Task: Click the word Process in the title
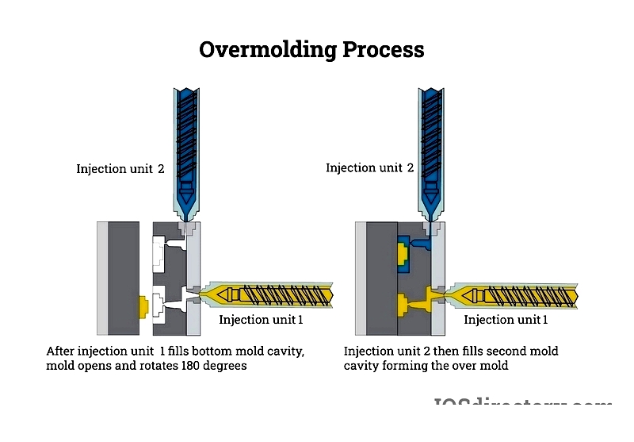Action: coord(384,49)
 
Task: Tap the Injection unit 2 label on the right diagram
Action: coord(369,167)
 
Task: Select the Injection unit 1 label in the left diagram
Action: coord(262,320)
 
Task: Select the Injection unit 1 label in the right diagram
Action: coord(506,320)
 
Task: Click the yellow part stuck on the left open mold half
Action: coord(143,307)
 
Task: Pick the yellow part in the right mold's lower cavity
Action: coord(405,303)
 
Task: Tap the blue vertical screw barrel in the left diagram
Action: coord(187,143)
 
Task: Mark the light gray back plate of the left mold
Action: coord(101,278)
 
